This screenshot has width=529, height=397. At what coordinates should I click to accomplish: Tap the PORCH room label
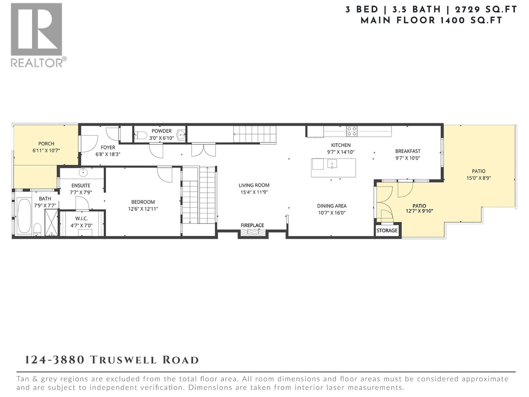[x=46, y=144]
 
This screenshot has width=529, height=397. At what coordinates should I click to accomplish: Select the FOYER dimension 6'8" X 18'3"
[x=108, y=154]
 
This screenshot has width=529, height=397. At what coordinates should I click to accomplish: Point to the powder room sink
[x=181, y=135]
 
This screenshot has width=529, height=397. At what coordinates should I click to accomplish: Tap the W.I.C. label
[x=81, y=219]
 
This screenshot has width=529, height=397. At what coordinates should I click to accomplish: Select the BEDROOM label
[x=143, y=202]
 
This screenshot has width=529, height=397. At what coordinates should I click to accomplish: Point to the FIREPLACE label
[x=252, y=225]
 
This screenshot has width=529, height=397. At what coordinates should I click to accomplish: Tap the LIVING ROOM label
[x=254, y=185]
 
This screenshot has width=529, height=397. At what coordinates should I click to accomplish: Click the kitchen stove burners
[x=351, y=131]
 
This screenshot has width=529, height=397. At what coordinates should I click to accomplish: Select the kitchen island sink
[x=332, y=163]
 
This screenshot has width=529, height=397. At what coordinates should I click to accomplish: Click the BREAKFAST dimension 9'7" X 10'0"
[x=408, y=158]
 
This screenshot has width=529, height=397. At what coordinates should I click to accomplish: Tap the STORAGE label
[x=387, y=230]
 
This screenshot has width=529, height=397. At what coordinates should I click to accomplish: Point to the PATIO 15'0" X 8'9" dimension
[x=478, y=178]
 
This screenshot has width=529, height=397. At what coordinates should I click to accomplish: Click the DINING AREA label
[x=332, y=206]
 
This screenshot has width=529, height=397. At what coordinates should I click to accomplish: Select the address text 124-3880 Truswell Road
[x=112, y=360]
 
